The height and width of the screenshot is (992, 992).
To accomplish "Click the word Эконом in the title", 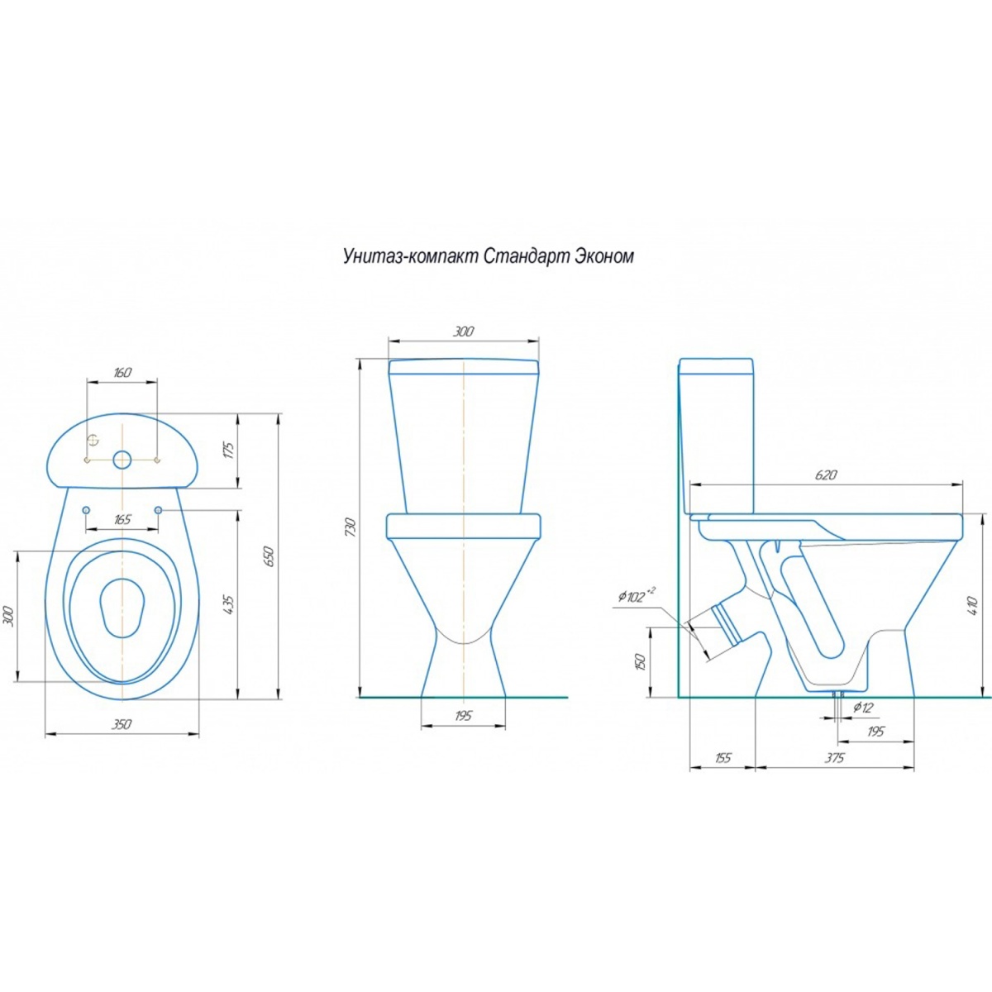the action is [x=603, y=255].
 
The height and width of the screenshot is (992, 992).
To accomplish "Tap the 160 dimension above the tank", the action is [x=122, y=372].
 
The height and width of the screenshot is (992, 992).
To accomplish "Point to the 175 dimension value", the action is [x=229, y=450].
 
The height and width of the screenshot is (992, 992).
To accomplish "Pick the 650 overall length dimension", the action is [x=271, y=556].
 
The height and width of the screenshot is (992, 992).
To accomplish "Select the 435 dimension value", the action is [x=229, y=603].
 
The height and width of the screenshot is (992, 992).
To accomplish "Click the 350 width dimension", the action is [x=122, y=724].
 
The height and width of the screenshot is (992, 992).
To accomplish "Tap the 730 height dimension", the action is [x=351, y=527].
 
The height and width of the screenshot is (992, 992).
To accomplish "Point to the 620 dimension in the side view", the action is [x=826, y=475].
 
